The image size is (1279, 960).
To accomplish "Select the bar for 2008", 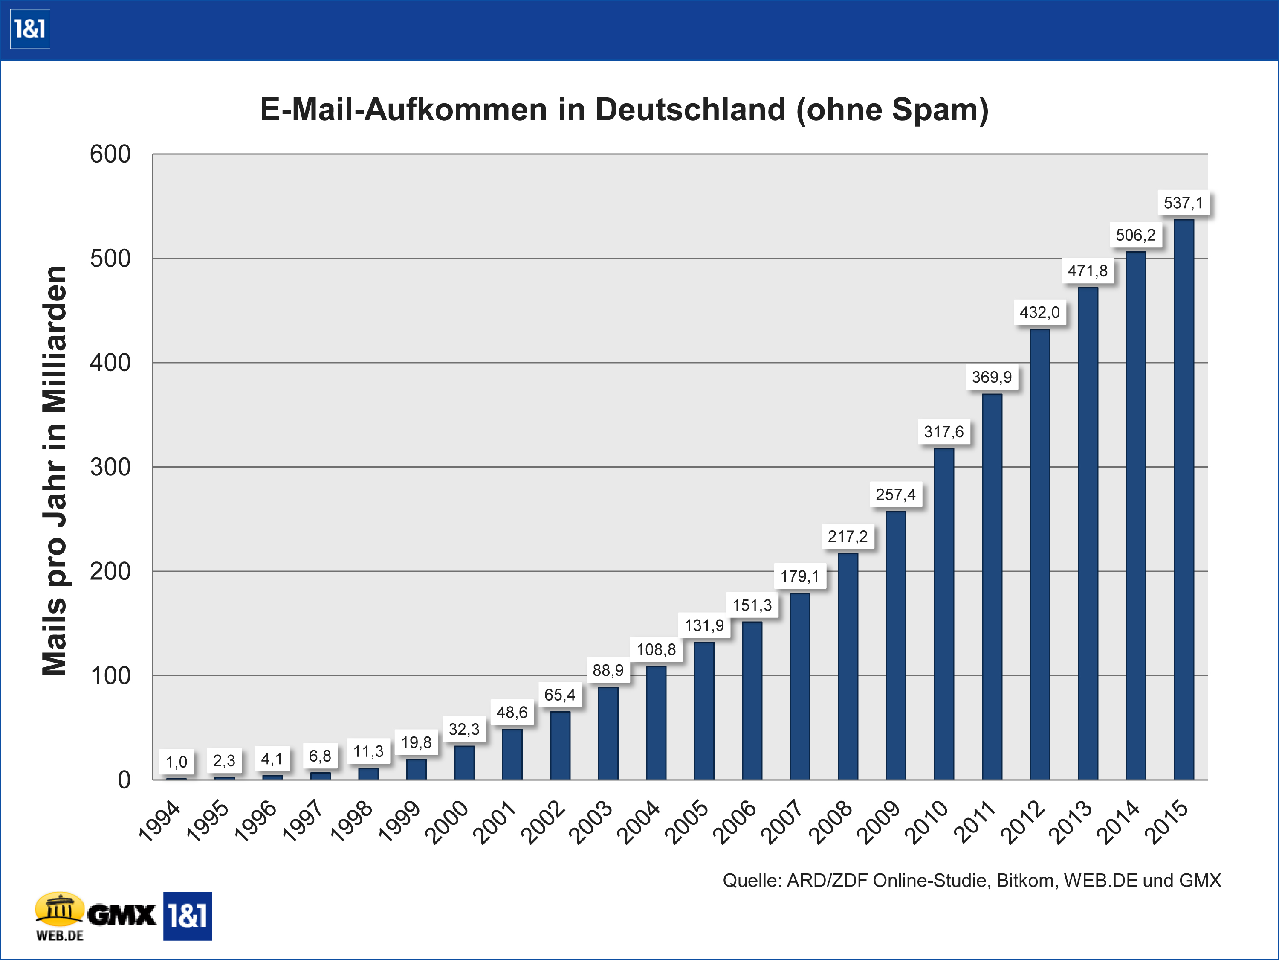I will click(848, 666).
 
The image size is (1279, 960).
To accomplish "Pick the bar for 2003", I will click(608, 733).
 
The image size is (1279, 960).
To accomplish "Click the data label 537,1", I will click(1183, 203).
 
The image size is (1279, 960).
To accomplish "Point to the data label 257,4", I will click(896, 495).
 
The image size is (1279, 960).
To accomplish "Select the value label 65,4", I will click(560, 695).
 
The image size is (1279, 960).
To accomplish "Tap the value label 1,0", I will click(177, 762).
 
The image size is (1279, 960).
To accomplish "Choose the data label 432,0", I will click(1040, 312).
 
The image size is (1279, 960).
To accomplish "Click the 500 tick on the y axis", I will click(110, 259).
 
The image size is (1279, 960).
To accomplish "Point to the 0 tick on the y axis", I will click(124, 780).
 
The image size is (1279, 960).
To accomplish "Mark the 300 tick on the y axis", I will click(110, 467).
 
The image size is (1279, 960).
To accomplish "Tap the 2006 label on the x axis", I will click(734, 822).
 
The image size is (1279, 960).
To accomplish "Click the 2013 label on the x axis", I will click(1070, 822).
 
